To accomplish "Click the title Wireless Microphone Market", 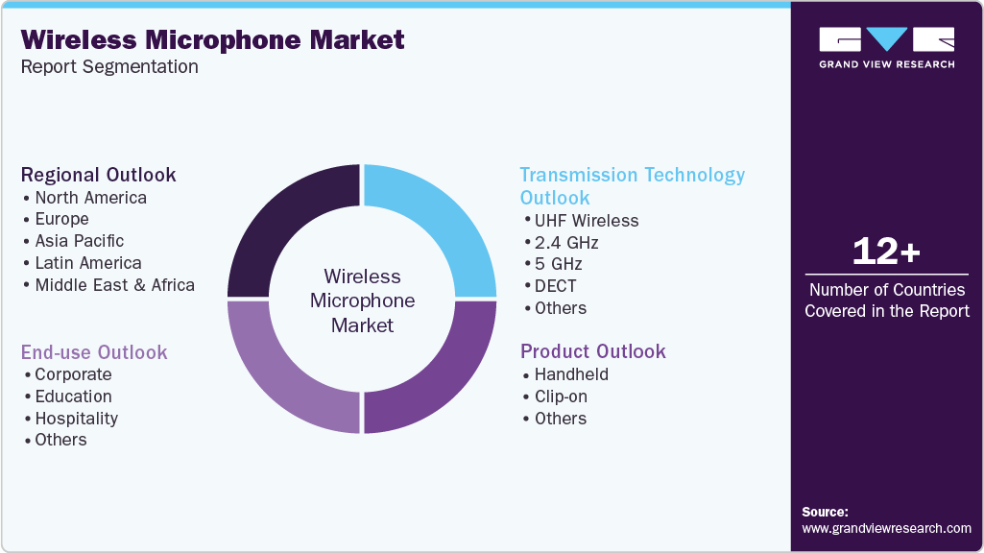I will (213, 39).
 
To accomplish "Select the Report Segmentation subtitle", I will (109, 66).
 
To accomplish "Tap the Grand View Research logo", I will (886, 47).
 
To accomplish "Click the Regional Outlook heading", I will (99, 175).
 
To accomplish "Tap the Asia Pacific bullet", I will (79, 241).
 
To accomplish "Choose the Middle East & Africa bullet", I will (114, 285).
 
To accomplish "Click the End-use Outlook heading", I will (94, 352).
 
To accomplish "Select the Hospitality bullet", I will (76, 419).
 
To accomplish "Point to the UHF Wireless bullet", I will (586, 221).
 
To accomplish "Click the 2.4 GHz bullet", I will (565, 243).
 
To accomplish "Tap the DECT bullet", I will (555, 286).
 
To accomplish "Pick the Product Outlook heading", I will (592, 351).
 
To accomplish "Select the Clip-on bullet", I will (561, 397).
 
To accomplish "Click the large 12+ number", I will (886, 252).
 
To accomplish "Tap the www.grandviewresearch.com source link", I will (886, 528).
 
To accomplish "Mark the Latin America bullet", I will (87, 263).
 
